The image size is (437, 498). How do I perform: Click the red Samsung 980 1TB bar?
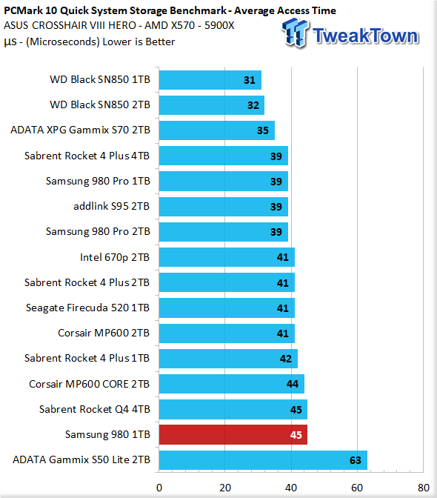point(233,434)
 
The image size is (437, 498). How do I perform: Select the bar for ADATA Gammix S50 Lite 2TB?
point(263,460)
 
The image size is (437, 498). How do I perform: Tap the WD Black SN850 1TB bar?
point(210,80)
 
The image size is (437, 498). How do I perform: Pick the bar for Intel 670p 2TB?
point(227,257)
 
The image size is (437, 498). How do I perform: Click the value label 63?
point(356,460)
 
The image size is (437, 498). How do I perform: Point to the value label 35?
point(263,130)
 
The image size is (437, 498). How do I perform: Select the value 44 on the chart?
point(293,384)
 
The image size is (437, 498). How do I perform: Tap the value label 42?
point(286,359)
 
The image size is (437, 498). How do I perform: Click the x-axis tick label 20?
point(225,488)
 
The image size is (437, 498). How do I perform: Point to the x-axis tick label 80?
point(424,488)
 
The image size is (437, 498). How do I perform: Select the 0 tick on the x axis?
point(159,488)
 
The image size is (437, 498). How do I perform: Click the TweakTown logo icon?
point(295,33)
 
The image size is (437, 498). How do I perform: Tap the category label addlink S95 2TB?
point(111,207)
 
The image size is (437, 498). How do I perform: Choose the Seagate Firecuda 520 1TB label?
point(87,308)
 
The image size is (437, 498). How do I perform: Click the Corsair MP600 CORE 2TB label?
point(89,384)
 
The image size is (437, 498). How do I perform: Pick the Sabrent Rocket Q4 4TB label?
point(95,409)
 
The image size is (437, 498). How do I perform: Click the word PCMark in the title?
point(23,10)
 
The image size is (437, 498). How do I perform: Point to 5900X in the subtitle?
point(219,25)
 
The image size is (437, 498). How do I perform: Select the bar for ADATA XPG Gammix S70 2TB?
point(217,130)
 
